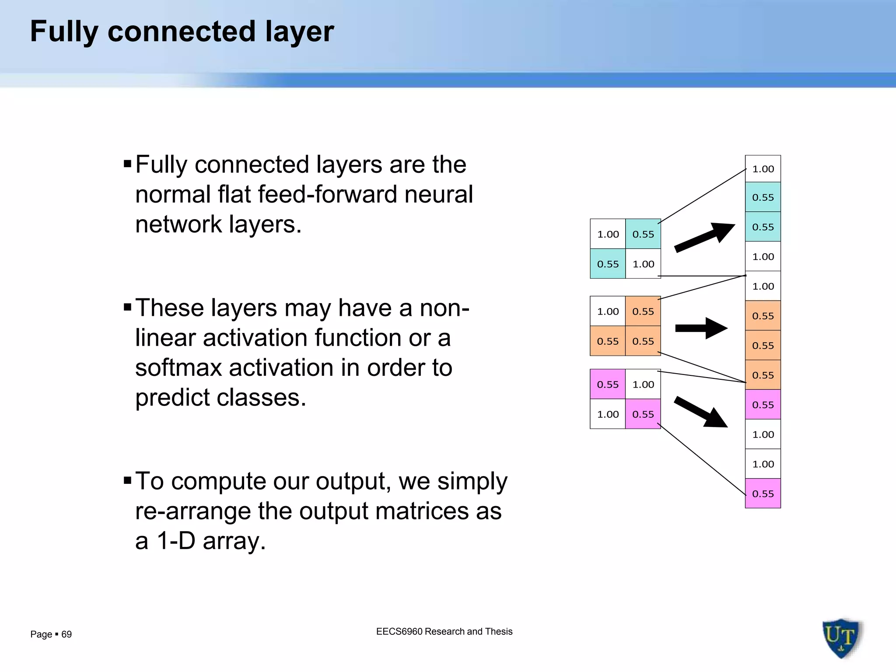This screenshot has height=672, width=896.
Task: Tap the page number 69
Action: coord(66,634)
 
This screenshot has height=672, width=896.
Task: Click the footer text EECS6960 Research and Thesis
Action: coord(444,631)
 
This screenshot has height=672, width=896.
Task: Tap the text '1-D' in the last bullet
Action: coord(175,541)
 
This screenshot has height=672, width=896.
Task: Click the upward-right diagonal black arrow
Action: coord(704,238)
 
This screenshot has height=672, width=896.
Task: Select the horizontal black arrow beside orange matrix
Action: coord(701,328)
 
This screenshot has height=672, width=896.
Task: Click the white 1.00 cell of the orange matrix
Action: coord(608,311)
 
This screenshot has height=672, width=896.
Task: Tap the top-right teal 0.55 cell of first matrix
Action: coord(643,234)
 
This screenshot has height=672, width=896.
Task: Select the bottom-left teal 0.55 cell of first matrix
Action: coord(608,264)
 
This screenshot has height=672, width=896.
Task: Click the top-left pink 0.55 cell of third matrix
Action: coord(608,385)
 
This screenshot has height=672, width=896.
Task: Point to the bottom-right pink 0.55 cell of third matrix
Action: coord(643,414)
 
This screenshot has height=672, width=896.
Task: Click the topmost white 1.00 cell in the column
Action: coord(763,169)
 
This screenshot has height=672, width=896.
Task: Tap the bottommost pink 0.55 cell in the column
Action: coord(763,493)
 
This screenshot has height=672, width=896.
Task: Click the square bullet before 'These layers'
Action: coord(128,308)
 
